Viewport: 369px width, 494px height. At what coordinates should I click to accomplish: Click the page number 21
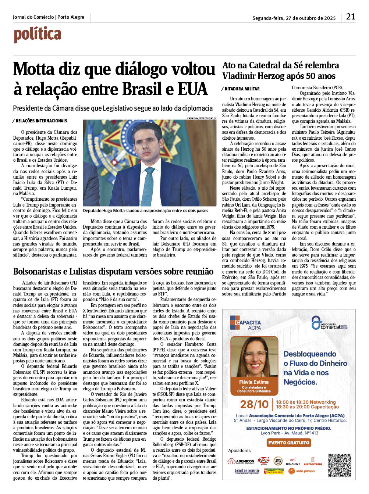pos(350,17)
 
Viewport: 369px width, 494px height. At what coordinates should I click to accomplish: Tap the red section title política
pos(38,35)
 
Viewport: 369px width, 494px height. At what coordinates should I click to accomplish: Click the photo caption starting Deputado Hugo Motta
pos(145,211)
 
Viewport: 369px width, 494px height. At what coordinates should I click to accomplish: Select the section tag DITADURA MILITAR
pos(242,89)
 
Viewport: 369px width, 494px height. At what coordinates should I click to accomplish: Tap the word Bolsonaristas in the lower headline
pos(38,272)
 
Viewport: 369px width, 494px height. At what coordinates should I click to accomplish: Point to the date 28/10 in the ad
pos(254,404)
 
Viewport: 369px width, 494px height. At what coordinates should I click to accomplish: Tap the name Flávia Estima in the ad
pos(253,382)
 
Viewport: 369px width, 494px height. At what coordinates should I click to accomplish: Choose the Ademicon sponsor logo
pos(241,461)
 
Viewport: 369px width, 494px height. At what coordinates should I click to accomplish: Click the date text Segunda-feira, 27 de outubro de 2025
pos(294,18)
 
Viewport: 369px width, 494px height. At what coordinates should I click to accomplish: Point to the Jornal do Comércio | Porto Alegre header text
pos(49,17)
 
